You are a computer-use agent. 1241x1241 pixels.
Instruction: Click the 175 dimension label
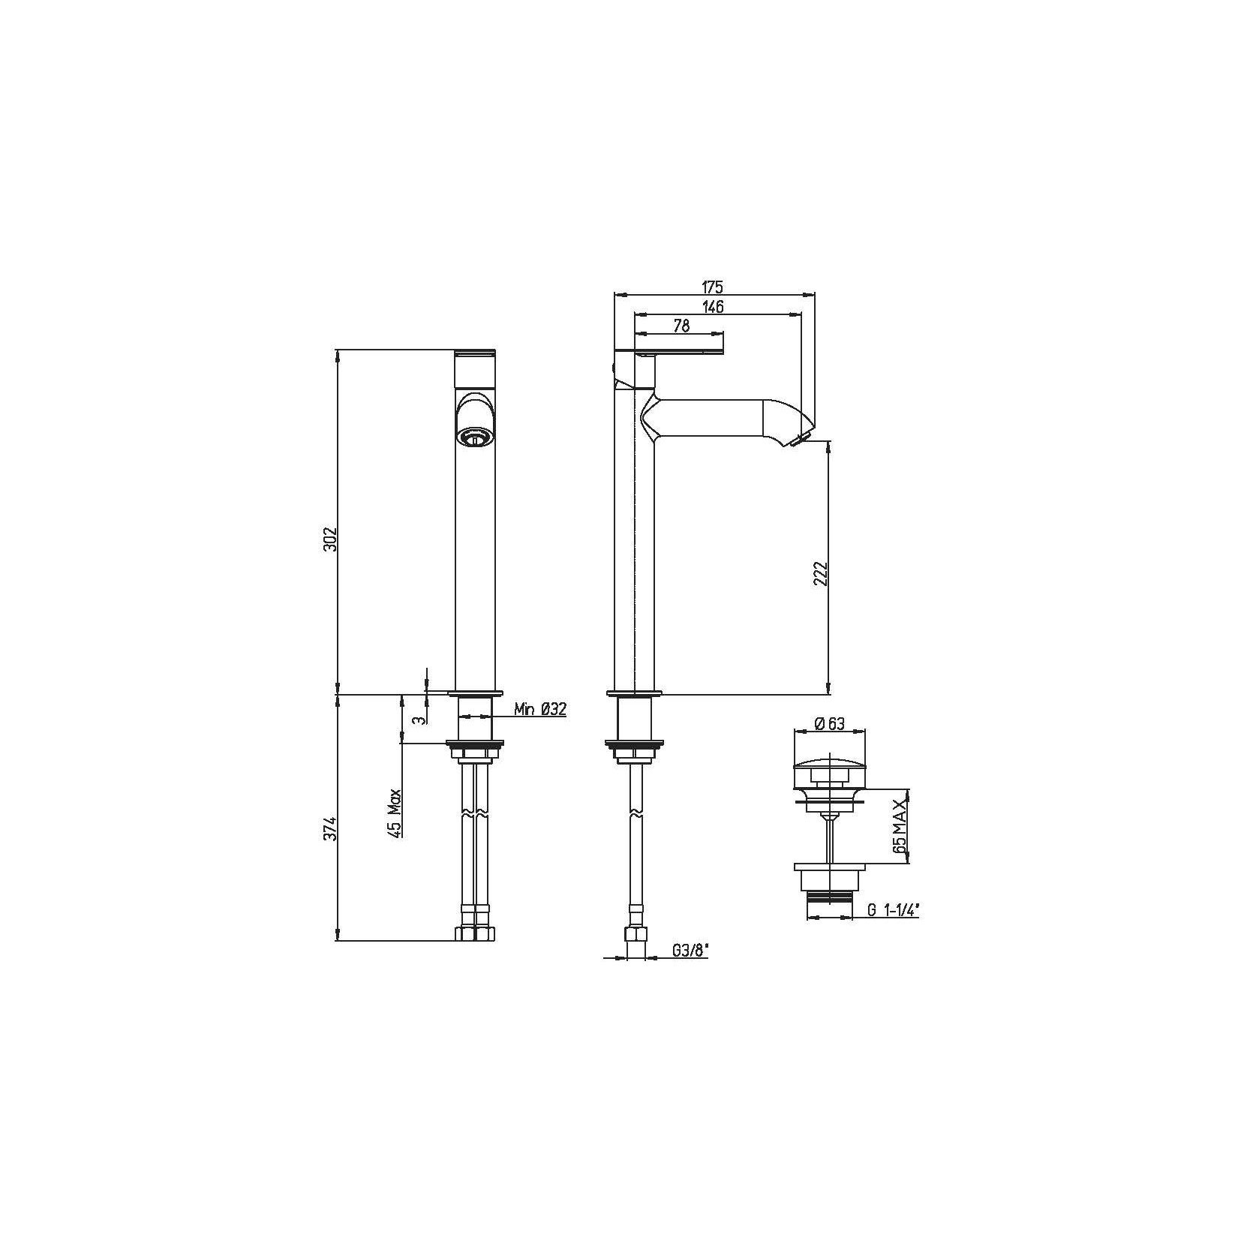pos(711,286)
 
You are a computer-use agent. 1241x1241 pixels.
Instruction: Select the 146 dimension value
pos(713,306)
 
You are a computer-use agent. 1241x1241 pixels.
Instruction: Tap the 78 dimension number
pos(681,325)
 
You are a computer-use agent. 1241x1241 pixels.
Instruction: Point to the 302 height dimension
pos(332,539)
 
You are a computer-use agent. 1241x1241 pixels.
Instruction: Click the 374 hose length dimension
pos(332,829)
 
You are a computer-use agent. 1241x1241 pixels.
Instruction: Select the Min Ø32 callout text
pos(539,709)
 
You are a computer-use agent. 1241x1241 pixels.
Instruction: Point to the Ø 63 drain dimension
pos(829,723)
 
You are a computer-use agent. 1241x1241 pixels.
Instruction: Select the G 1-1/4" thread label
pos(893,910)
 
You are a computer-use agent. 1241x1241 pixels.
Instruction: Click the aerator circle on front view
pos(474,436)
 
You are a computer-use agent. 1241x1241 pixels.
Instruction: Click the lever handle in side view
pos(679,351)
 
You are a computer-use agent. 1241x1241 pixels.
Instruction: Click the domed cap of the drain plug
pos(829,767)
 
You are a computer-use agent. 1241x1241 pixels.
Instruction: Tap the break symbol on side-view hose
pos(636,813)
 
